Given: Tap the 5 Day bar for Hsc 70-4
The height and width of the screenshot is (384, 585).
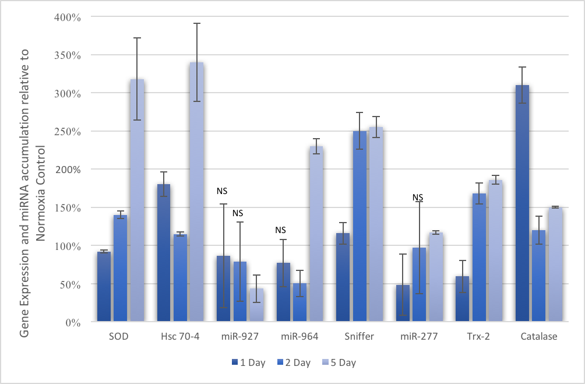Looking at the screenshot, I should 196,192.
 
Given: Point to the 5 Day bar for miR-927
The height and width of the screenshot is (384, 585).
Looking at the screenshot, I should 256,304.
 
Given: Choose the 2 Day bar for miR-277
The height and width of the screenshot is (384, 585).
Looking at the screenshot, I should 419,284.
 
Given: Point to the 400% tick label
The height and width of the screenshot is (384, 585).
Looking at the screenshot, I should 69,17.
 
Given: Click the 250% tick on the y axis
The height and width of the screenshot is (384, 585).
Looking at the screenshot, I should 69,132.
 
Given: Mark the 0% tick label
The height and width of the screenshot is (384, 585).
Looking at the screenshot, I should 73,322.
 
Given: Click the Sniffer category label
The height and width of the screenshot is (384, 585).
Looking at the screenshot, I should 359,337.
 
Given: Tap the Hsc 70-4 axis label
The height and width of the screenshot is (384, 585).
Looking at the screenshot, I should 179,337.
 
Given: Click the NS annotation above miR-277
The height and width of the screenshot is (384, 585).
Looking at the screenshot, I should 418,198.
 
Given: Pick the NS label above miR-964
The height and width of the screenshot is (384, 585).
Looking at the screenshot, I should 281,230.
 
